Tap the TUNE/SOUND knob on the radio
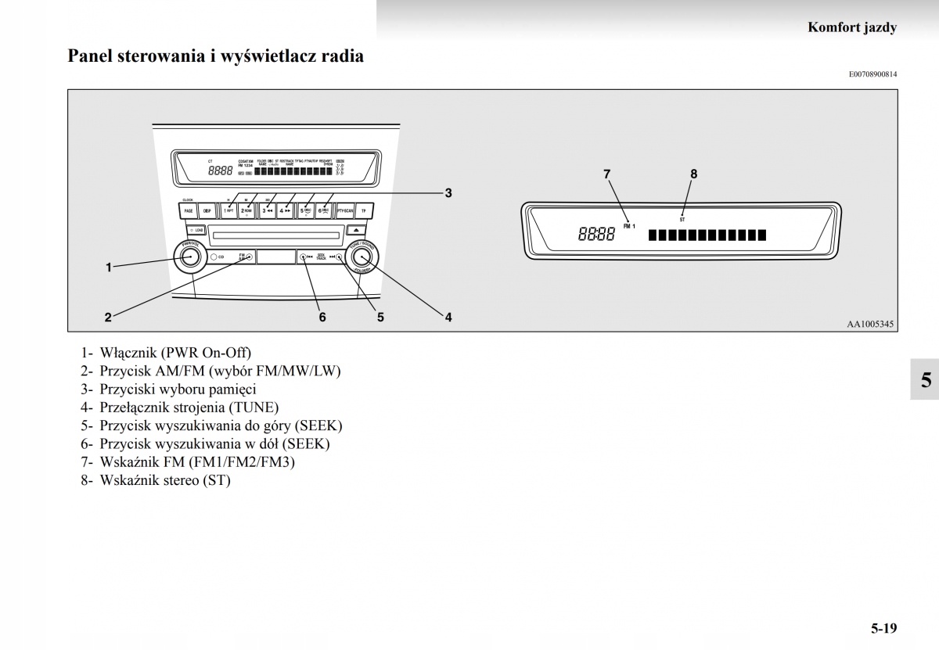(x=362, y=257)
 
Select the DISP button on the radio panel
(x=207, y=210)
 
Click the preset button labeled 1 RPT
(x=228, y=210)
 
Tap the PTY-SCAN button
(x=345, y=210)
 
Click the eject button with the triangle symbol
(x=354, y=231)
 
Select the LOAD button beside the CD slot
(x=196, y=231)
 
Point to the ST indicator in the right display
(x=682, y=220)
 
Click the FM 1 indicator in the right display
(x=630, y=226)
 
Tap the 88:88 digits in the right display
(x=596, y=234)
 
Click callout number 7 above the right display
(x=606, y=174)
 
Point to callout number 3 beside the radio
(x=448, y=192)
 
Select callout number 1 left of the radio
(x=110, y=268)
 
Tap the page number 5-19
(x=883, y=628)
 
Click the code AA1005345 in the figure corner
(x=869, y=324)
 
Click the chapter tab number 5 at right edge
(x=926, y=381)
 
